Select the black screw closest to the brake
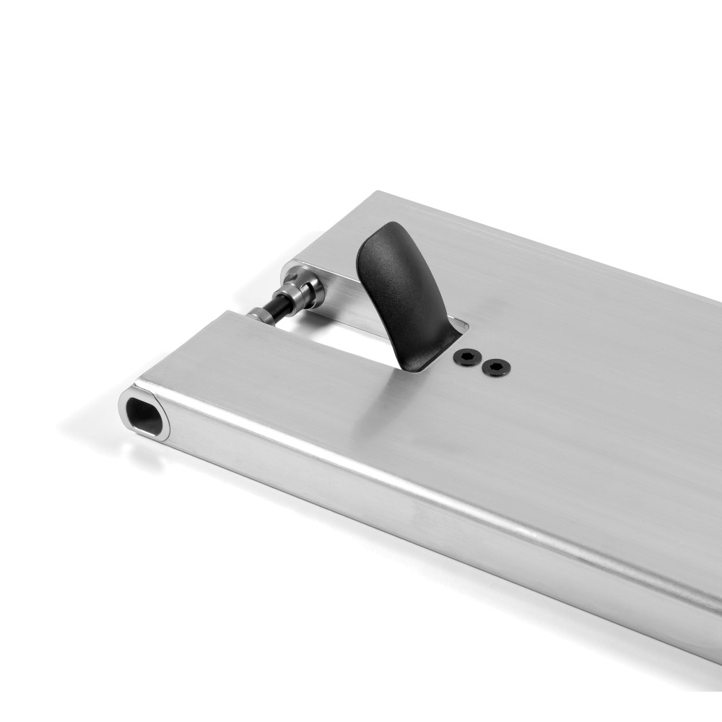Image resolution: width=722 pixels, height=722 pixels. click(468, 357)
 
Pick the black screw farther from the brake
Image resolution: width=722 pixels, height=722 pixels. click(495, 367)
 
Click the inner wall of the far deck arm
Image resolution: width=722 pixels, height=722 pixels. click(339, 303)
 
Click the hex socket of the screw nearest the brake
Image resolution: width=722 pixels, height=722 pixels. click(468, 357)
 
